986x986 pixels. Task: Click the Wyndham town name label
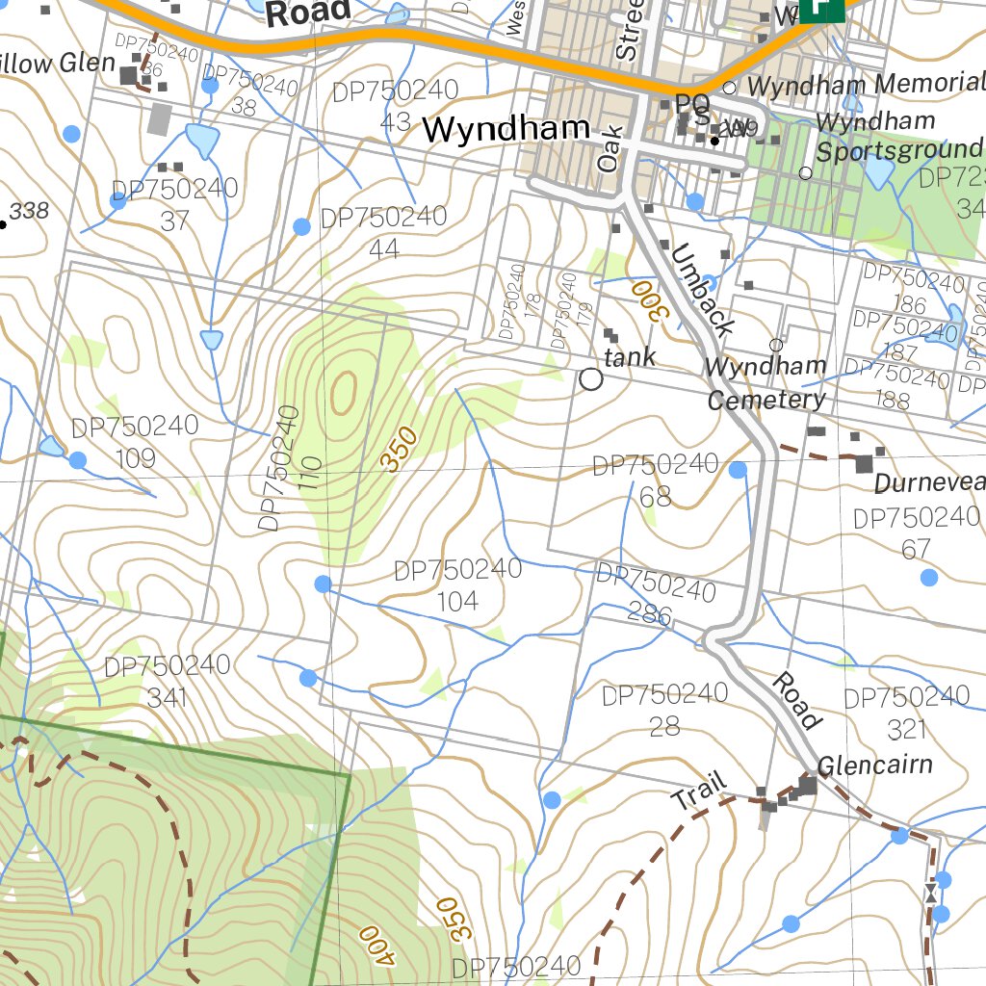pyautogui.click(x=506, y=128)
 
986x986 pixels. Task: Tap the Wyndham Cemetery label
pyautogui.click(x=765, y=382)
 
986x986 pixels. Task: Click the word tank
pyautogui.click(x=630, y=356)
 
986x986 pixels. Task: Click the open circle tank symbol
pyautogui.click(x=591, y=379)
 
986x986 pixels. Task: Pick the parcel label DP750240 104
pyautogui.click(x=457, y=584)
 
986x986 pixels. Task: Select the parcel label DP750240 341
pyautogui.click(x=167, y=681)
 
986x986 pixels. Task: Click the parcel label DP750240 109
pyautogui.click(x=135, y=441)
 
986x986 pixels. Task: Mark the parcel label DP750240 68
pyautogui.click(x=655, y=480)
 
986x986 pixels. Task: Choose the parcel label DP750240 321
pyautogui.click(x=906, y=712)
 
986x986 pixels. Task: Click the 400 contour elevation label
pyautogui.click(x=376, y=946)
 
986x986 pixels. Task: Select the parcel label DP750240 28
pyautogui.click(x=664, y=709)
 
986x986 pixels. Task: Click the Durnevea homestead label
pyautogui.click(x=929, y=482)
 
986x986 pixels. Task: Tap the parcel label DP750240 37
pyautogui.click(x=174, y=204)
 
